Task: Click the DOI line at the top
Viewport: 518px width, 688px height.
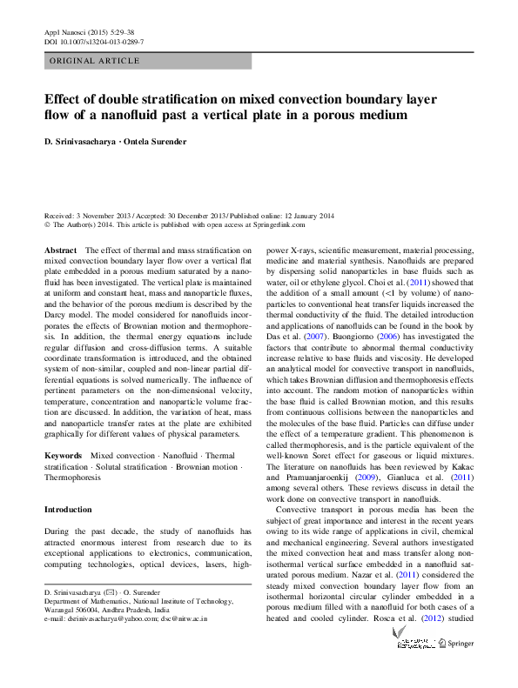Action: coord(94,42)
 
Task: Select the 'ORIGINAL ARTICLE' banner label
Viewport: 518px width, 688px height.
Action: coord(95,61)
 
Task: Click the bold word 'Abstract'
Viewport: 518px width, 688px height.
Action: coord(61,250)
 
